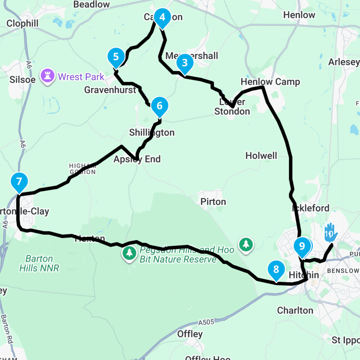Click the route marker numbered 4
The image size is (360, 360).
pos(162,17)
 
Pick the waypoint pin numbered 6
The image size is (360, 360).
pos(160,106)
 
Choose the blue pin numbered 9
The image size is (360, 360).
pos(302,246)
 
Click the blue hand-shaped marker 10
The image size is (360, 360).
pos(330,233)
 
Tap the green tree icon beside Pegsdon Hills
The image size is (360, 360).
pos(129,253)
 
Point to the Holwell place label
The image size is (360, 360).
pos(261,156)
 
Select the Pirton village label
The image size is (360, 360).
pos(213,202)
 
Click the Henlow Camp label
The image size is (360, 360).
pos(270,82)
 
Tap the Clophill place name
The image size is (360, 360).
pos(22,23)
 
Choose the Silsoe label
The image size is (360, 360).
pos(22,79)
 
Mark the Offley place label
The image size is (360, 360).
pos(190,334)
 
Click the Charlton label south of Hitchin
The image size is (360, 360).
pos(295,310)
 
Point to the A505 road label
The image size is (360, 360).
pos(207,322)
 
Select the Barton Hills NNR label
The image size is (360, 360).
pos(39,263)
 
